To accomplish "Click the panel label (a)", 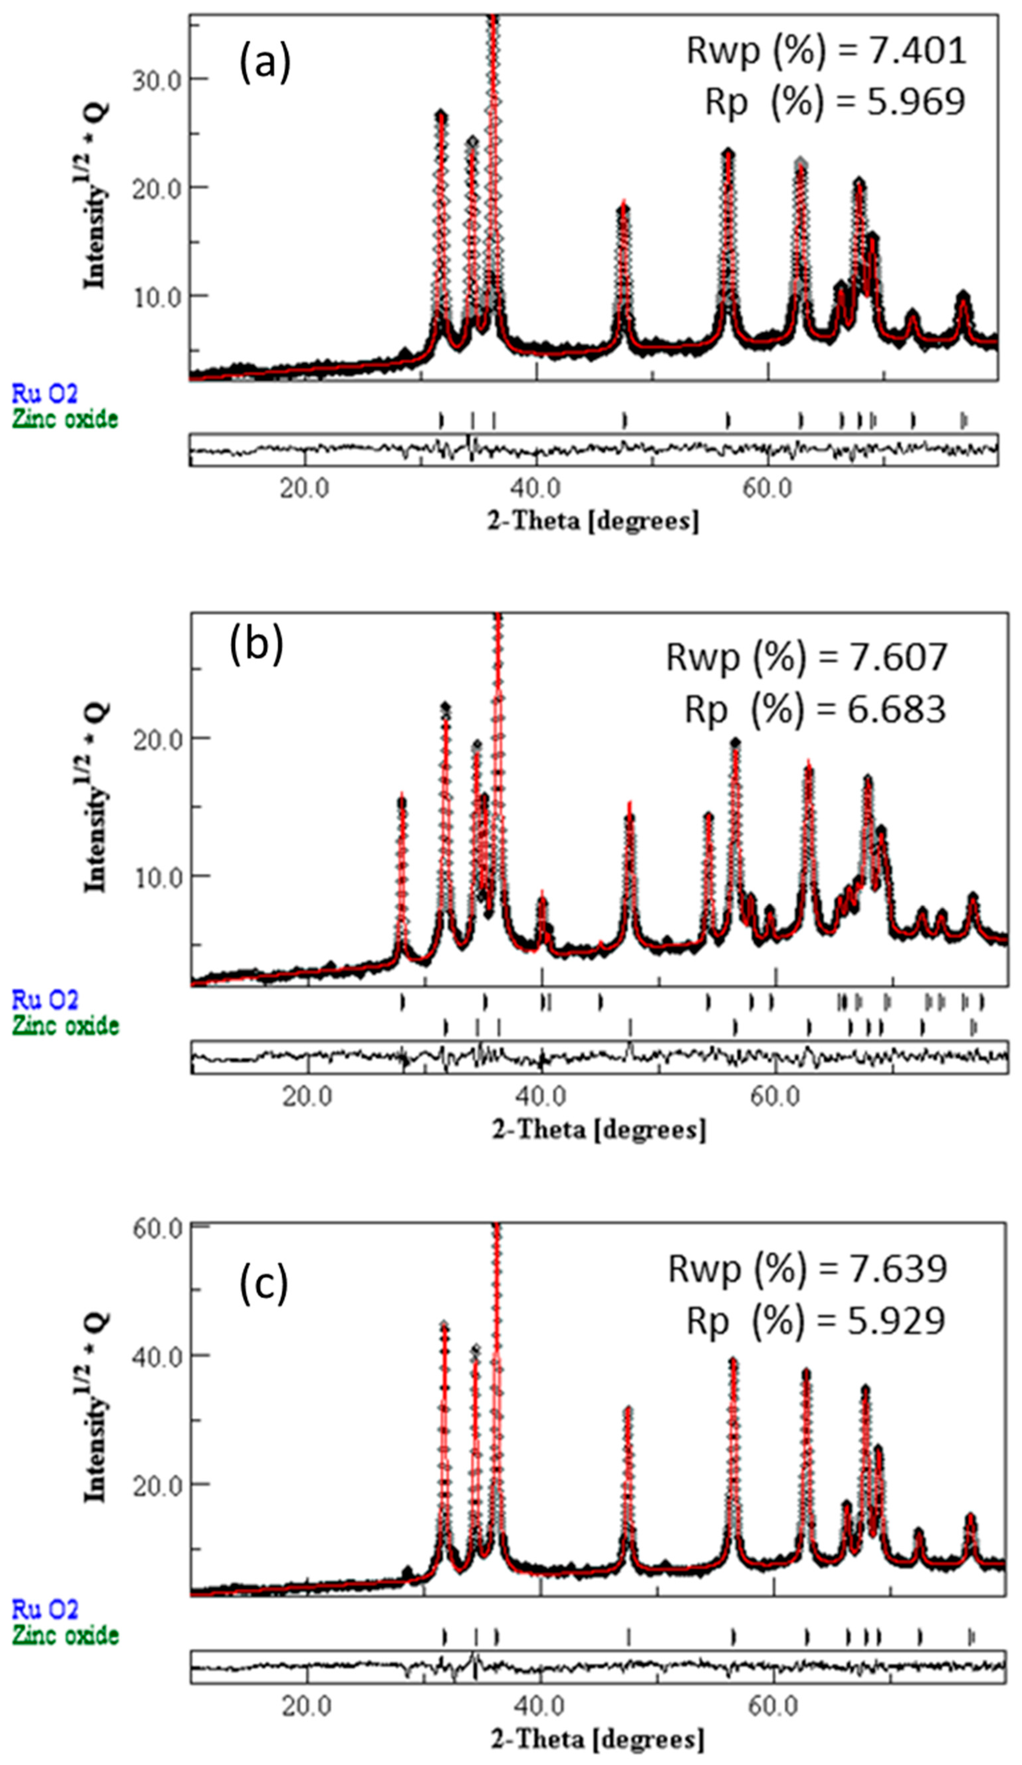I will point(265,63).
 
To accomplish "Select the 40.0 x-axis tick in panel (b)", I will point(542,1096).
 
